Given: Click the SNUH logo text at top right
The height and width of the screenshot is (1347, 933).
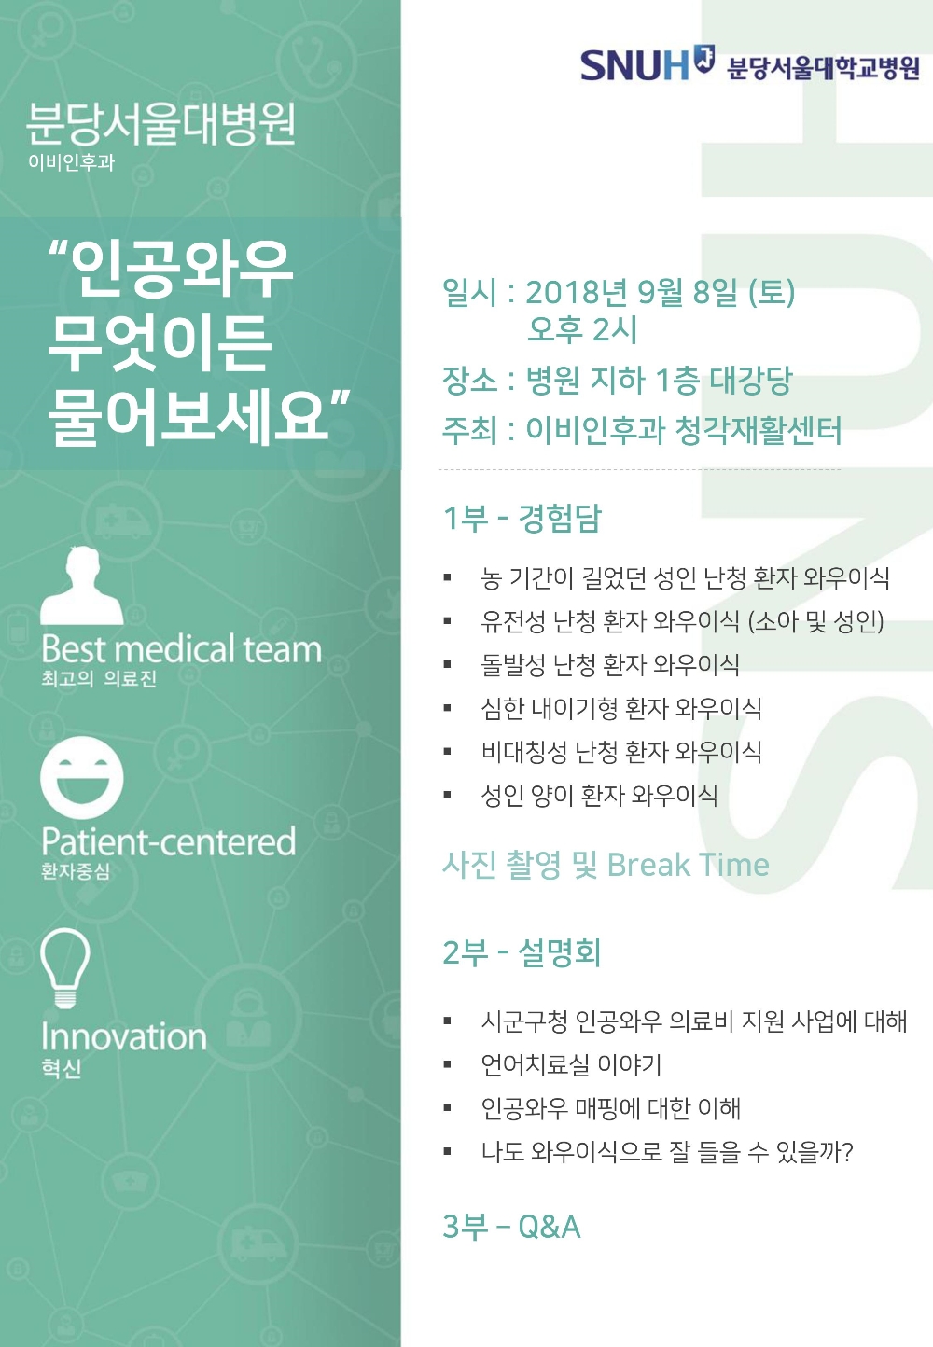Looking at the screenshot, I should pos(634,65).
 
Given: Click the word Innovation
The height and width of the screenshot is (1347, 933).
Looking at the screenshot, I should pos(124,1036).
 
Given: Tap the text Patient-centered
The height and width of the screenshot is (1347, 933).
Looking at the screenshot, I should pos(169,841).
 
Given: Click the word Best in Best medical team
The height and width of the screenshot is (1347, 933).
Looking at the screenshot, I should pos(74,648).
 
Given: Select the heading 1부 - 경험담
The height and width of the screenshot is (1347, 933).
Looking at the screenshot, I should pos(522,518).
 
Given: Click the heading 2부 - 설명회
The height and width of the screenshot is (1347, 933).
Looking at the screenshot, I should pos(522,952).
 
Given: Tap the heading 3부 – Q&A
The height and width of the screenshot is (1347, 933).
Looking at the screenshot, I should pos(511,1227).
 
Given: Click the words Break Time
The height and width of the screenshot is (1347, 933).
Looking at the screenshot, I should pos(689,866).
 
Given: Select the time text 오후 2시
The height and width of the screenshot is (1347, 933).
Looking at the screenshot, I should pos(582,329).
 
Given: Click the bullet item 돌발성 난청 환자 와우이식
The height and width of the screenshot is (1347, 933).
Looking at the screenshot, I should pos(610,665).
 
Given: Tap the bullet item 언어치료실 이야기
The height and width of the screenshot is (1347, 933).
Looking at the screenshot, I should pos(571,1064).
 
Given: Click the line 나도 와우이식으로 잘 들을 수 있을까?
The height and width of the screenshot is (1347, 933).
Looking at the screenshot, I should pos(667,1152).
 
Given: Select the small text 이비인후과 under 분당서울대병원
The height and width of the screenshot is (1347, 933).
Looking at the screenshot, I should pos(72,162).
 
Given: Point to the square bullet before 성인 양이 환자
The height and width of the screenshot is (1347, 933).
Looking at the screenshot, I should pos(448,796).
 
